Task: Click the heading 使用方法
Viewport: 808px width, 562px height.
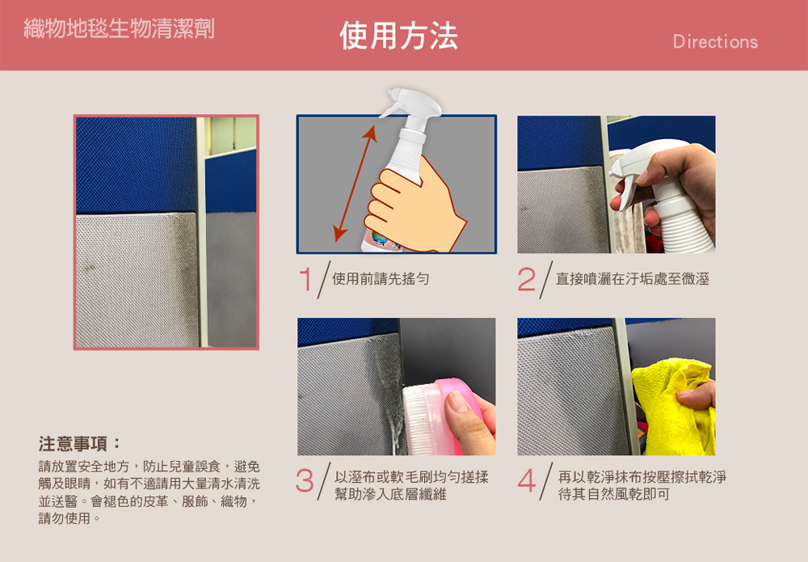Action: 398,36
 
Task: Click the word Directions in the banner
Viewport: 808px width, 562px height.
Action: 715,42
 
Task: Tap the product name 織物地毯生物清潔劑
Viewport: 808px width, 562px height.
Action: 119,27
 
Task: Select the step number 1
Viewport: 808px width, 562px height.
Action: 305,279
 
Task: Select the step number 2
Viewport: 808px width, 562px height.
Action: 527,279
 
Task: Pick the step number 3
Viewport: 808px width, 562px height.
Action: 305,480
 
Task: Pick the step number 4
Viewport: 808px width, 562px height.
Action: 527,480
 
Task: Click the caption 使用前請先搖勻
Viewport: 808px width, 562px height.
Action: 381,279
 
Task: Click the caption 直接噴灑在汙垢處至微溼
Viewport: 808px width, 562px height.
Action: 633,279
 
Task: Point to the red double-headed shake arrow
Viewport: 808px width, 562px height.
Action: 355,184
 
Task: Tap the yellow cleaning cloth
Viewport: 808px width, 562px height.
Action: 672,408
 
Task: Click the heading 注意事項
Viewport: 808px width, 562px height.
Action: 79,443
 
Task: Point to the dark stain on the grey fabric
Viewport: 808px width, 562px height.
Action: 90,268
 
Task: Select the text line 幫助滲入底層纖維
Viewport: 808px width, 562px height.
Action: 390,494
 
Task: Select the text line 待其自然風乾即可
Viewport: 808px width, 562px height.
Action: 614,494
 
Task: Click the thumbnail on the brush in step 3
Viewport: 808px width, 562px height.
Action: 457,403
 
